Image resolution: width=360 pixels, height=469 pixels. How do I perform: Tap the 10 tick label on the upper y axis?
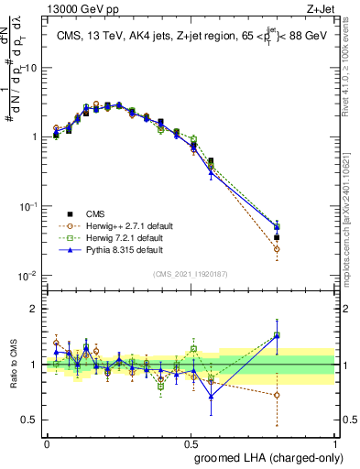tap(30, 68)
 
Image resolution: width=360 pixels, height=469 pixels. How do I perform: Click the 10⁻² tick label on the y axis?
tap(27, 276)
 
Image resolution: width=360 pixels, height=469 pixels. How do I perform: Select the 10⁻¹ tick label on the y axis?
tap(27, 206)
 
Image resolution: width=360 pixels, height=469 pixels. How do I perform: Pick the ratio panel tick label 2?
tap(34, 309)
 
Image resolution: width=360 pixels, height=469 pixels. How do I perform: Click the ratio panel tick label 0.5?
tap(30, 420)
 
